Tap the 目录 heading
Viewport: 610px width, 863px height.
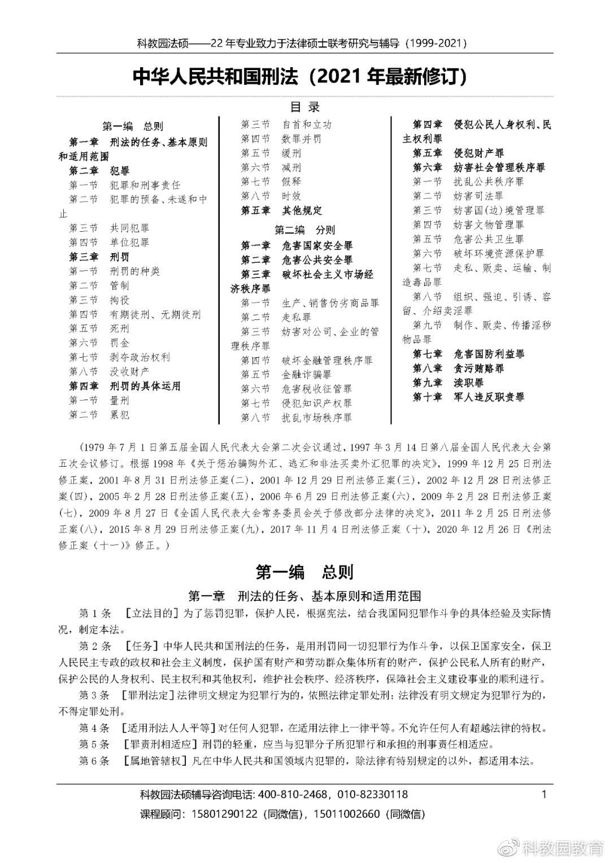(x=305, y=107)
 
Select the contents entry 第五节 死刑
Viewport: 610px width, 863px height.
(x=99, y=328)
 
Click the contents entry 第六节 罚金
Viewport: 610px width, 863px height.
(x=99, y=342)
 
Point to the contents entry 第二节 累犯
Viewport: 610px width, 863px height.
(x=99, y=415)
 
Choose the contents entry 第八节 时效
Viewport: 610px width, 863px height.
(x=271, y=196)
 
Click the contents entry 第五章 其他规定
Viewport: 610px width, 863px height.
(x=281, y=210)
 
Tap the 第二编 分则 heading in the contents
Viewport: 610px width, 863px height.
(x=305, y=229)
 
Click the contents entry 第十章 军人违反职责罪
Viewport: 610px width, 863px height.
(x=468, y=397)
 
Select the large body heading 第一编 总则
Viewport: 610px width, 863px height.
(x=305, y=573)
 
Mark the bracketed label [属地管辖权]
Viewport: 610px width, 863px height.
(x=154, y=761)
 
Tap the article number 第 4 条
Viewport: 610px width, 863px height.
(x=94, y=728)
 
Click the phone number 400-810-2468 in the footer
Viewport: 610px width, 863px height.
(x=293, y=795)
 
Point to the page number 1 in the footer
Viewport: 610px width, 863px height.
(x=544, y=795)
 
